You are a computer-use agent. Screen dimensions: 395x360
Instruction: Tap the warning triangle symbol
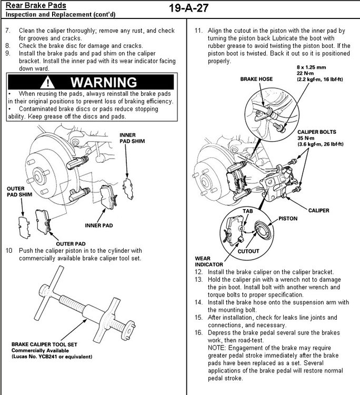point(48,83)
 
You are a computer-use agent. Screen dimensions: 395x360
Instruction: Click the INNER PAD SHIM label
point(132,138)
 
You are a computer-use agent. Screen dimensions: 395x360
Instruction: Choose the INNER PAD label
point(100,225)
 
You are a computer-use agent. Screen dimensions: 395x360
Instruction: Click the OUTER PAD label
point(71,243)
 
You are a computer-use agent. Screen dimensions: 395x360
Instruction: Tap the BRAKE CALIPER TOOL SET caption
point(44,345)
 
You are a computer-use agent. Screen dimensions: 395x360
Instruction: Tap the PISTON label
point(288,218)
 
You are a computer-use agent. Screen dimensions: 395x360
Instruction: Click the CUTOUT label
point(248,252)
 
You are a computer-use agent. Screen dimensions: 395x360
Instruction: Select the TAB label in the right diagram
point(248,210)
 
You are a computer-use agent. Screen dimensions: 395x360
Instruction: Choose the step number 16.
point(198,333)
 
